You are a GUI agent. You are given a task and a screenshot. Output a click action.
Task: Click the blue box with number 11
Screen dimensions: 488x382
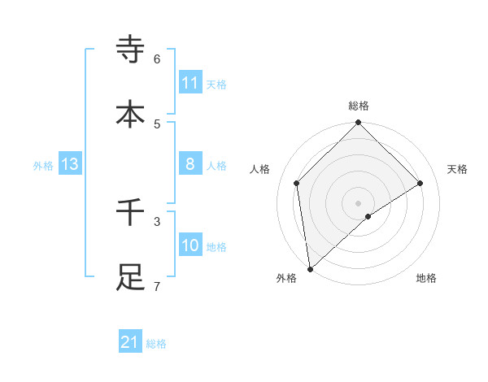(x=190, y=83)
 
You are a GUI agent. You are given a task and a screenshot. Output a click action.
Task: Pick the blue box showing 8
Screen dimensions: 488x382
(x=190, y=164)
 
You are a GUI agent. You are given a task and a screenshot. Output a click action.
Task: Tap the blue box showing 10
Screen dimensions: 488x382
(x=190, y=245)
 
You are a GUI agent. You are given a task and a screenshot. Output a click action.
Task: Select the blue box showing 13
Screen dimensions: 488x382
(x=70, y=164)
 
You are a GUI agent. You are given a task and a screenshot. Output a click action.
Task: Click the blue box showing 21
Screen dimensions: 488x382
(x=130, y=343)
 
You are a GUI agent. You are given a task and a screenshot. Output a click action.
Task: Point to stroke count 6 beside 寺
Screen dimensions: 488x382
(x=157, y=59)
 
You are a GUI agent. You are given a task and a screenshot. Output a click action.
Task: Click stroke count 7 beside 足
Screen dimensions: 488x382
(x=157, y=286)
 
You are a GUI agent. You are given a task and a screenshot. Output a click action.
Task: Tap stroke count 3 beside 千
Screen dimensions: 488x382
(x=157, y=221)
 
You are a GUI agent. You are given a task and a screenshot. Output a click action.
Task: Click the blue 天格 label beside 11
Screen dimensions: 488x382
(x=216, y=84)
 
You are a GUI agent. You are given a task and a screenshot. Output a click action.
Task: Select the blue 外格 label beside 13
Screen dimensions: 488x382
(x=43, y=165)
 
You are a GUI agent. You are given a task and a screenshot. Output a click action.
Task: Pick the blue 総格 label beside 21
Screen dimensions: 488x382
(x=156, y=344)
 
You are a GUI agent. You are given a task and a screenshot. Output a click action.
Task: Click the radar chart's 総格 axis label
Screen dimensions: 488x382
(x=359, y=106)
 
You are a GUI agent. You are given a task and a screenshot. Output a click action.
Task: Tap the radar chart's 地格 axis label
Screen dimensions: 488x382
(x=426, y=279)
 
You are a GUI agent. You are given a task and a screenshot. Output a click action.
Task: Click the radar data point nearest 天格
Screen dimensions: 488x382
(x=420, y=183)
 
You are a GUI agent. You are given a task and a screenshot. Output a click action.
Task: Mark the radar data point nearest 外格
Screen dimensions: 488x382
(x=309, y=269)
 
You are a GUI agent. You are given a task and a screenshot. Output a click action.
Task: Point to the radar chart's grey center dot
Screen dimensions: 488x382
(x=359, y=202)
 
